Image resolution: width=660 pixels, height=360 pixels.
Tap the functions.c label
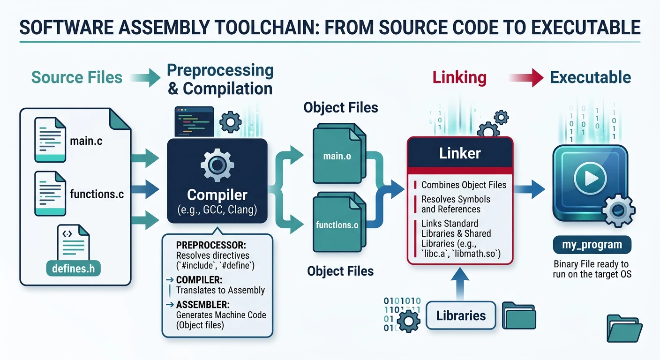click(x=97, y=194)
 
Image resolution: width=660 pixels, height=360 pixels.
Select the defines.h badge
click(x=74, y=269)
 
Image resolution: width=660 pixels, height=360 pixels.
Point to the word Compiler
click(x=217, y=195)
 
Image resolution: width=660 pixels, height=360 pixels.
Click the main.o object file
click(x=337, y=156)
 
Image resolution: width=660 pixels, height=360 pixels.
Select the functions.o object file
click(x=337, y=225)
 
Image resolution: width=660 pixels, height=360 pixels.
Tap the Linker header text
click(x=459, y=153)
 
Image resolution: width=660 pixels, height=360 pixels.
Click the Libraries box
click(x=461, y=315)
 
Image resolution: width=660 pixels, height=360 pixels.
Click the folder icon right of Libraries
click(x=519, y=315)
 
